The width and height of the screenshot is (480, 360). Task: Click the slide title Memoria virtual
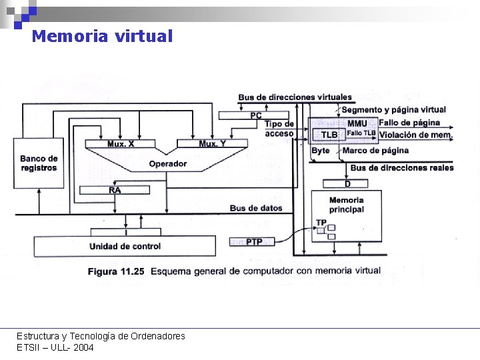[x=102, y=36]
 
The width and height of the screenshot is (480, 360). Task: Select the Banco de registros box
[x=39, y=163]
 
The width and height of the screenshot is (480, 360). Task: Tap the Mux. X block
[x=121, y=144]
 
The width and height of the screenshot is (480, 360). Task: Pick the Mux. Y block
[x=212, y=144]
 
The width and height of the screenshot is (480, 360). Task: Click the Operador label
[x=168, y=163]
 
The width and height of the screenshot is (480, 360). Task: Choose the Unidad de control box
[x=125, y=246]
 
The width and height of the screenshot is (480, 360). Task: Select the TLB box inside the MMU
[x=329, y=135]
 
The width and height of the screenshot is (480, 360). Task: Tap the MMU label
[x=357, y=123]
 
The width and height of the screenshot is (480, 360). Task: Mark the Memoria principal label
[x=346, y=205]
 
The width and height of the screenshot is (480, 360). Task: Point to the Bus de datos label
[x=256, y=208]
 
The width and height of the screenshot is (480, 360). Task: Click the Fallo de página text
[x=409, y=123]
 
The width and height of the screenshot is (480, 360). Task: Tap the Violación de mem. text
[x=416, y=135]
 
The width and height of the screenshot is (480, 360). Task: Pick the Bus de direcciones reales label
[x=401, y=167]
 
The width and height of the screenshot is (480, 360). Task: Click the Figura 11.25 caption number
[x=117, y=271]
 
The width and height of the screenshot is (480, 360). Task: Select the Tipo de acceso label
[x=279, y=129]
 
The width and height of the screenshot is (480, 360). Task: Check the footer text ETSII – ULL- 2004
[x=55, y=347]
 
